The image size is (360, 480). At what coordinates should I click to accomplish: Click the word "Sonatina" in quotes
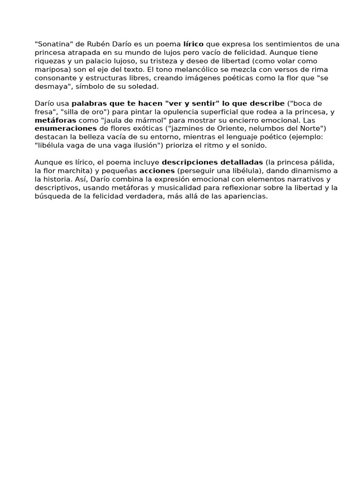pyautogui.click(x=52, y=44)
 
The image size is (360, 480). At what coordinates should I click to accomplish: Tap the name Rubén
pyautogui.click(x=97, y=44)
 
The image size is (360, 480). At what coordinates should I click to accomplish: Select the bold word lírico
pyautogui.click(x=193, y=44)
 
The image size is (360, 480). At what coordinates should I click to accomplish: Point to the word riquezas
pyautogui.click(x=49, y=61)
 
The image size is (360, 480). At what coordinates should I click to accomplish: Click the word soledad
pyautogui.click(x=145, y=86)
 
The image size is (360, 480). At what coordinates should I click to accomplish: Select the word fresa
pyautogui.click(x=45, y=112)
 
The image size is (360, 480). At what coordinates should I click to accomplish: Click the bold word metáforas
pyautogui.click(x=55, y=120)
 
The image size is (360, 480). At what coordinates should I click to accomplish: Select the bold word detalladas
pyautogui.click(x=240, y=162)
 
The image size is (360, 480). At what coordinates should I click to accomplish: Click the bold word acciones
pyautogui.click(x=157, y=171)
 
